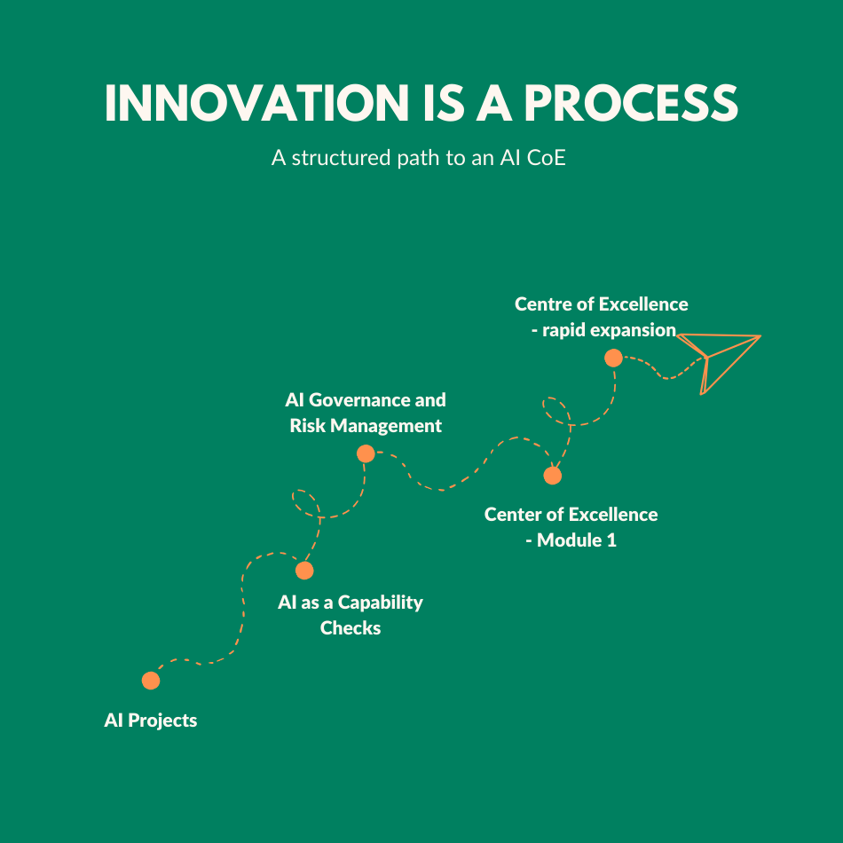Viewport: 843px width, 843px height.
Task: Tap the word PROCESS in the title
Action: tap(631, 103)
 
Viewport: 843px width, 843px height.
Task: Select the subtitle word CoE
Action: tap(547, 158)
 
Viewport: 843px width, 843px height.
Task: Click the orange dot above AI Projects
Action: tap(151, 680)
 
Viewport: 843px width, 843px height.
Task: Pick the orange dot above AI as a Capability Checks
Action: tap(304, 570)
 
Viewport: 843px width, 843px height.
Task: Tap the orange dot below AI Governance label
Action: tap(366, 453)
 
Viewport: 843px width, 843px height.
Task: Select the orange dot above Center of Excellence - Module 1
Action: tap(552, 476)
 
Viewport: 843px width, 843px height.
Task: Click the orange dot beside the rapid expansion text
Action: tap(613, 358)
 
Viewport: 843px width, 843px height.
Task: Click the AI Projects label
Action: tap(151, 721)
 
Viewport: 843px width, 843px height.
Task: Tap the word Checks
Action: tap(351, 628)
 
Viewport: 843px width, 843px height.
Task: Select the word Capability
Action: tap(380, 603)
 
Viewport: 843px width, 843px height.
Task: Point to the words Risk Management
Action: tap(366, 426)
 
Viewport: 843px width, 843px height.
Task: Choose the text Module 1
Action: tap(577, 540)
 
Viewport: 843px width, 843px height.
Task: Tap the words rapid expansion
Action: tap(609, 330)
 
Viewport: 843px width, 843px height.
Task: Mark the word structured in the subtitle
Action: tap(341, 158)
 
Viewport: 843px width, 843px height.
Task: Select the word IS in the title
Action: tap(444, 103)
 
